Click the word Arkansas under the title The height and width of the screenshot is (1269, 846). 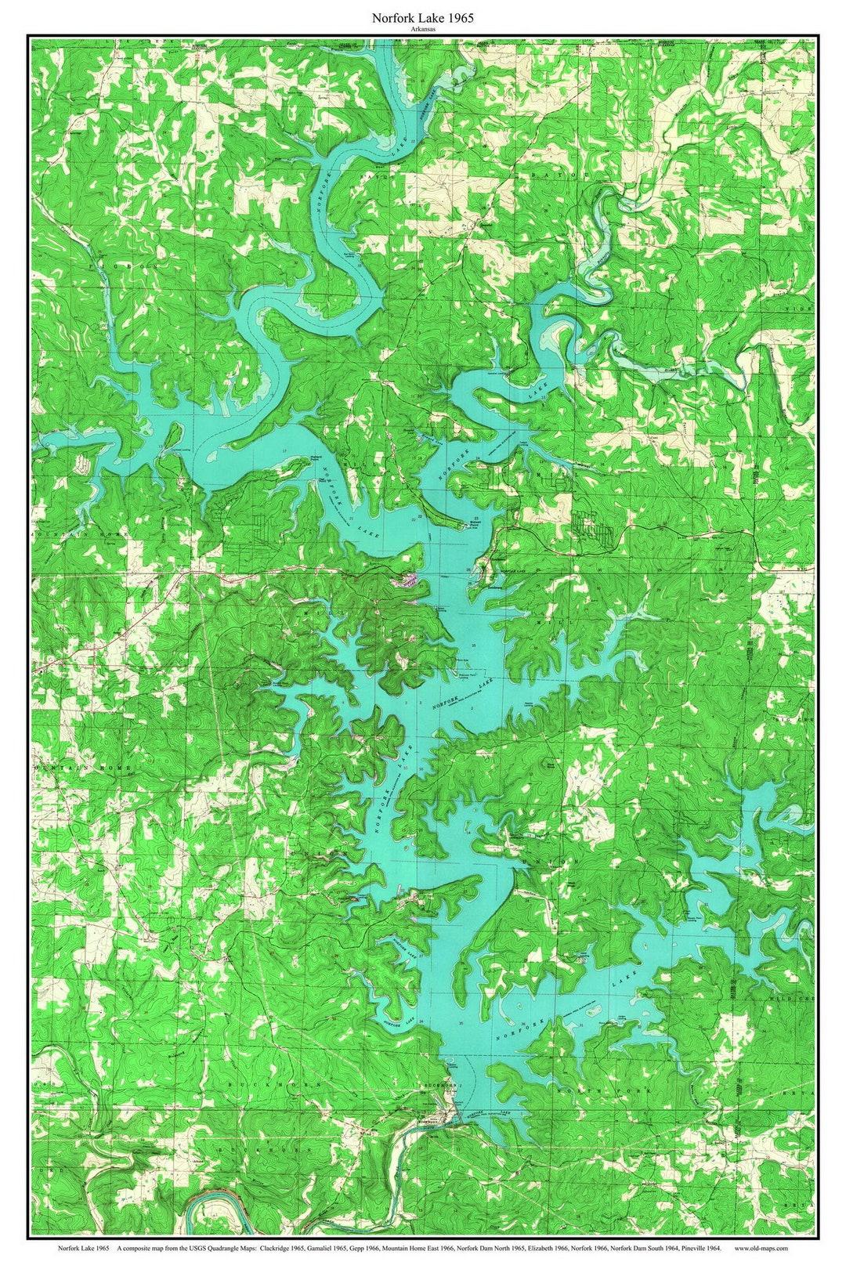(423, 28)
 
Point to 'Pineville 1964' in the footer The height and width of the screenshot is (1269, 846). (701, 1249)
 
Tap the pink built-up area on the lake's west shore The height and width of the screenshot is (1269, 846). (409, 580)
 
